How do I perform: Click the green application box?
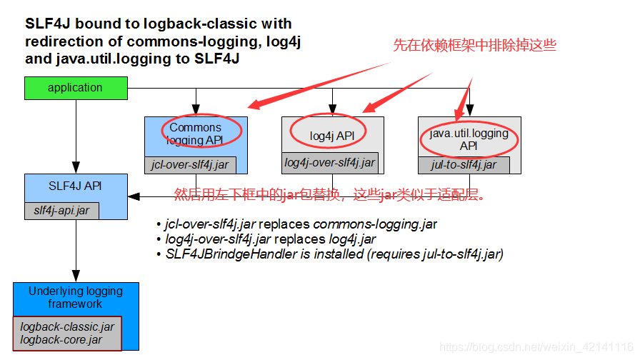[x=75, y=88]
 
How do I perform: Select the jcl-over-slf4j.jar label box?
[x=190, y=164]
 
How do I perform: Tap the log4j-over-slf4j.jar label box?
[x=329, y=163]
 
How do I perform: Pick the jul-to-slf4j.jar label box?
[x=464, y=165]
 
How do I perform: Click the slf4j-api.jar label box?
[x=61, y=211]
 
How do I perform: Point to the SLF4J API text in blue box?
[x=75, y=186]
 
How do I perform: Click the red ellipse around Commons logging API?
[x=201, y=129]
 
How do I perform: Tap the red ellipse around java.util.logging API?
[x=469, y=139]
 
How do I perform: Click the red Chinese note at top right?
[x=474, y=45]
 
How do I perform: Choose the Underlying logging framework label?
[x=76, y=297]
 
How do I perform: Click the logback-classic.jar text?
[x=67, y=327]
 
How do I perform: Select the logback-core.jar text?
[x=61, y=340]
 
